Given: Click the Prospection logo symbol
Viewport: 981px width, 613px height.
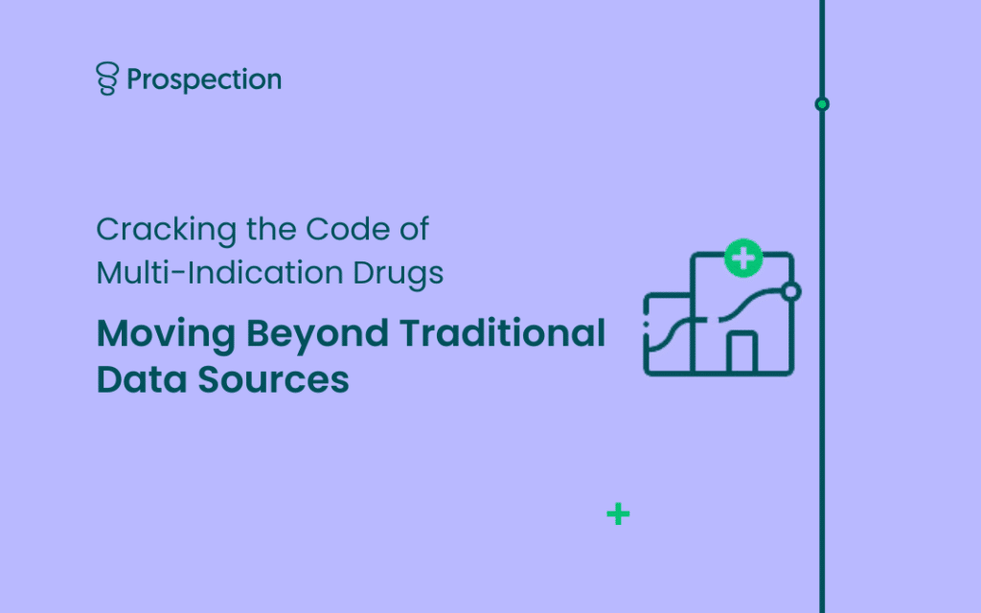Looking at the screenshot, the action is coord(107,79).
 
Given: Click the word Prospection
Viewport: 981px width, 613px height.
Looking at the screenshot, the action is coord(204,79).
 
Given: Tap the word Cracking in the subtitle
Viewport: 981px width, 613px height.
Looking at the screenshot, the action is coord(167,230).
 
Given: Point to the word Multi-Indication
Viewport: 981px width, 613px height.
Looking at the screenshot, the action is coord(219,273).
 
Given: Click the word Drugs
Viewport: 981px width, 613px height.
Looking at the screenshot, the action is coord(398,275).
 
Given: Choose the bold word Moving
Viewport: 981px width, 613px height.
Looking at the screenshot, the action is coord(166,334).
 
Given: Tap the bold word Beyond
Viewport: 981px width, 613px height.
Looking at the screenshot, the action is coord(317,334).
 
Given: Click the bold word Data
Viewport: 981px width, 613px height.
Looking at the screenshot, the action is coord(142,379).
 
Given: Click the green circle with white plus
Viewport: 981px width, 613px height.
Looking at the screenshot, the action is coord(743,258).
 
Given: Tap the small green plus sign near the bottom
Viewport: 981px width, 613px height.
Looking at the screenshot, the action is coord(618,514).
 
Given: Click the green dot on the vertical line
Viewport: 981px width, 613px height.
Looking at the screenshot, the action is coord(822,103).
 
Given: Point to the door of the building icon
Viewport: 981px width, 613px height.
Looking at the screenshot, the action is coord(742,352).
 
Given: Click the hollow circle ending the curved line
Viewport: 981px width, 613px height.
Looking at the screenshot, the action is coord(791,291).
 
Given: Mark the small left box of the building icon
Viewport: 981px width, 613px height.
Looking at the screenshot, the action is coord(668,334).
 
